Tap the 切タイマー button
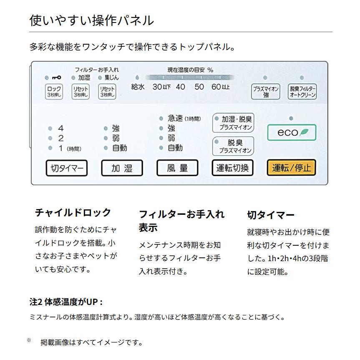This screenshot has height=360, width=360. pyautogui.click(x=67, y=168)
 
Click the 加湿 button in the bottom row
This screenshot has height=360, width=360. pyautogui.click(x=122, y=168)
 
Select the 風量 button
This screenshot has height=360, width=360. pyautogui.click(x=177, y=168)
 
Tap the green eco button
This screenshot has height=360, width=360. pyautogui.click(x=292, y=132)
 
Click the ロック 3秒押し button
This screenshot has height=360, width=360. pyautogui.click(x=54, y=91)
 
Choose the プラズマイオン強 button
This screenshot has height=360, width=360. pyautogui.click(x=266, y=91)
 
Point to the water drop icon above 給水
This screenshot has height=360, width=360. pyautogui.click(x=136, y=78)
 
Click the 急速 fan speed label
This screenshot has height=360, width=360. pyautogui.click(x=176, y=118)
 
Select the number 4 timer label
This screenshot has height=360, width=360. pyautogui.click(x=61, y=128)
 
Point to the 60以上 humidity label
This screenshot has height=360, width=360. pyautogui.click(x=221, y=87)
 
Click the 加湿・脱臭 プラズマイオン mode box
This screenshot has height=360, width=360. pyautogui.click(x=233, y=123)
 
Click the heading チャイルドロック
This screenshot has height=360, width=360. pyautogui.click(x=73, y=212)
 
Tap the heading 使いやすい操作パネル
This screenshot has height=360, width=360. pyautogui.click(x=92, y=20)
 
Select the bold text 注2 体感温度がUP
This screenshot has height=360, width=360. pyautogui.click(x=66, y=302)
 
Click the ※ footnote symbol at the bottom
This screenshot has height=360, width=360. pyautogui.click(x=29, y=340)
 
